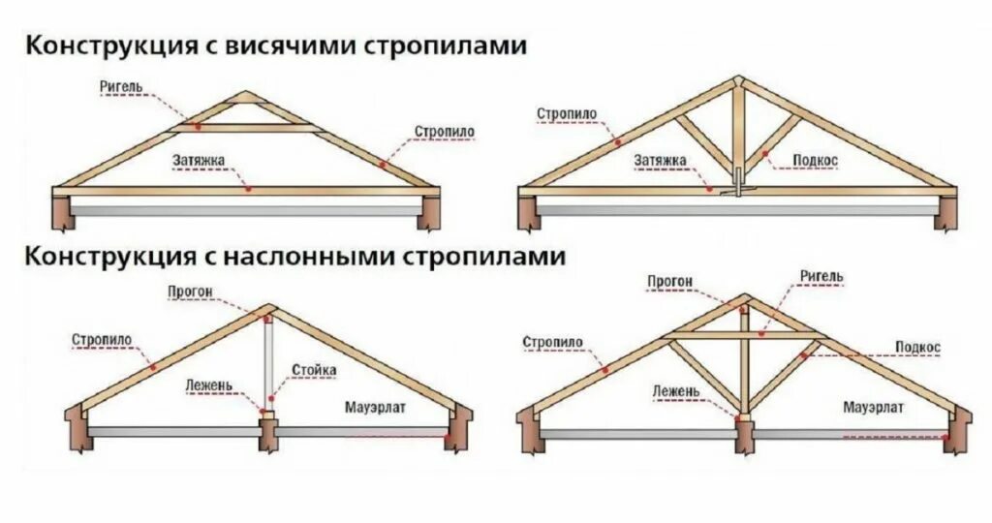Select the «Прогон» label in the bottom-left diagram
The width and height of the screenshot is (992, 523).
click(189, 291)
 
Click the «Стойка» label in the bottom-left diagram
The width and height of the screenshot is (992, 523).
click(314, 370)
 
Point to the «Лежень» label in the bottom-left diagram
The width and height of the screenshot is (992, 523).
click(209, 385)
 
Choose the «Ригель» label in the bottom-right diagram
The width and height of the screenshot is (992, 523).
click(821, 276)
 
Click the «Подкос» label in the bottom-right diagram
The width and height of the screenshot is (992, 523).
click(917, 347)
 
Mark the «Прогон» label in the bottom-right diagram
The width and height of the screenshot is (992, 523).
click(670, 282)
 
